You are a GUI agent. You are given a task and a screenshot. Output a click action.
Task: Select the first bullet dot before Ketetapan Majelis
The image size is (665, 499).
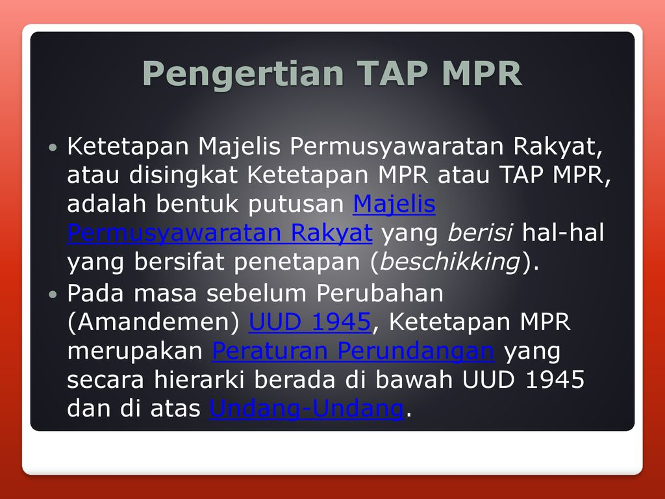click(x=54, y=149)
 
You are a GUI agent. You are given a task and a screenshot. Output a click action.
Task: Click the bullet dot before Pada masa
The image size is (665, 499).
click(x=54, y=295)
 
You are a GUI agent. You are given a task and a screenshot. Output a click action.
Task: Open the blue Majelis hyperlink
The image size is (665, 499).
click(x=394, y=205)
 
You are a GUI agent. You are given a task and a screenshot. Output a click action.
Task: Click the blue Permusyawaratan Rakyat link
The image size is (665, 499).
click(x=220, y=233)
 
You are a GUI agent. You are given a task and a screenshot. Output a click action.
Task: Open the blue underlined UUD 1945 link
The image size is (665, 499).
click(x=309, y=322)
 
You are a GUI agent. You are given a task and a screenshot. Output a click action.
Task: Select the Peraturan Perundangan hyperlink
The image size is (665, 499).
click(x=353, y=351)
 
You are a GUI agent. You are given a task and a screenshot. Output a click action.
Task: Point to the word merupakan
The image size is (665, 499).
click(x=135, y=351)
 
